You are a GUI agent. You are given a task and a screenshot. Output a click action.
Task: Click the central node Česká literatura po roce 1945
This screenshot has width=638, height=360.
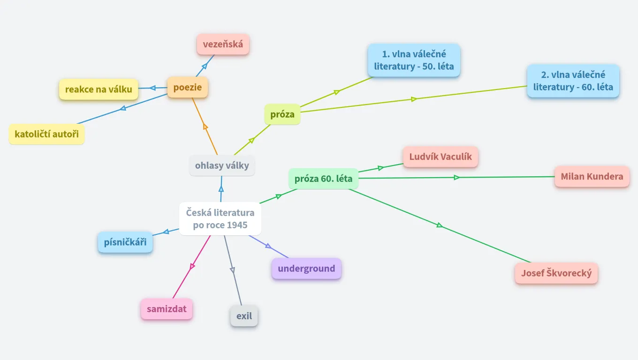click(220, 218)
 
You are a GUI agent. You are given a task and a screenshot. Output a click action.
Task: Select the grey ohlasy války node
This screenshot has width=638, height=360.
click(222, 165)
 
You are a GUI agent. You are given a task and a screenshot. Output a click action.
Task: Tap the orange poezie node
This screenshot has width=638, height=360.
click(188, 87)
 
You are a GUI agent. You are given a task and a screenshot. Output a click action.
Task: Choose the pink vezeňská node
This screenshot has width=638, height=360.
click(223, 45)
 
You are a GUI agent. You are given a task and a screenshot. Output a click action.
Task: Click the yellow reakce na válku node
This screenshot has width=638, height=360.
click(99, 89)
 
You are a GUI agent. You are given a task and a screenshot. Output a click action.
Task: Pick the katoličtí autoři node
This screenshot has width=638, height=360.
click(46, 135)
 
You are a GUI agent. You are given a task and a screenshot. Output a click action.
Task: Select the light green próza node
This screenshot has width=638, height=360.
click(282, 114)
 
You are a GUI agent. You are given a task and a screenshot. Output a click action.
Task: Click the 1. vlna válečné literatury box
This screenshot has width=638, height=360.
click(414, 60)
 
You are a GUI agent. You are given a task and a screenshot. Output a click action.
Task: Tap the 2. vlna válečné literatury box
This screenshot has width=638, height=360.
click(573, 81)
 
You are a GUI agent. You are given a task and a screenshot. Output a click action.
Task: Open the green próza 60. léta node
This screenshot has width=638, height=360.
click(323, 179)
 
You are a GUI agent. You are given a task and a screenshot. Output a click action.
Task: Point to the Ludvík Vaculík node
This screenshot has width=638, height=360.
click(440, 157)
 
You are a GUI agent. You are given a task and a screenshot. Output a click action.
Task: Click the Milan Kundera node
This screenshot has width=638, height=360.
click(592, 176)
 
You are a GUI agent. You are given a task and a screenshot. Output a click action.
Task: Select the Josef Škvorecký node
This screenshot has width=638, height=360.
click(556, 273)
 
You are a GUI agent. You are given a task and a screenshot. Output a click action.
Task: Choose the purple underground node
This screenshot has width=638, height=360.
click(306, 269)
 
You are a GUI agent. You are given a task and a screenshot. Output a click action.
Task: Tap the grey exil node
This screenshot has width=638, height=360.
click(244, 316)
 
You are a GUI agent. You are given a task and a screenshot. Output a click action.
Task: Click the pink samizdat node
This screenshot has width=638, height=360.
click(167, 309)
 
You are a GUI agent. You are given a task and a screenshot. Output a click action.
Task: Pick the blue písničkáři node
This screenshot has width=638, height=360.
click(125, 242)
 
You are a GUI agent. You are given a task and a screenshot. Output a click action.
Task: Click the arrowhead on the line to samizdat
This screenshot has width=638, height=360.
click(192, 266)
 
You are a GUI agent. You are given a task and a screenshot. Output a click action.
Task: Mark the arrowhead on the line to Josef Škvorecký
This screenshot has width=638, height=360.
click(439, 225)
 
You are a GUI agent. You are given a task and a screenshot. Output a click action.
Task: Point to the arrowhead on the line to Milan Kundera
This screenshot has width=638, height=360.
click(456, 177)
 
